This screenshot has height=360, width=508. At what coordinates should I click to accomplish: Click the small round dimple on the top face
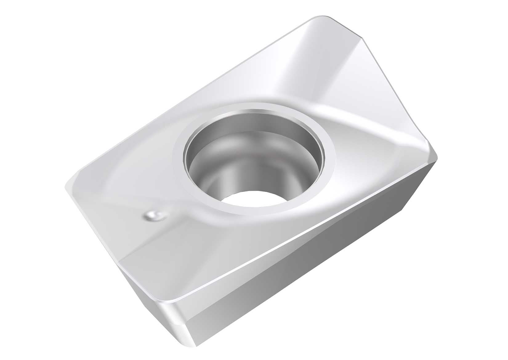click(x=153, y=216)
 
